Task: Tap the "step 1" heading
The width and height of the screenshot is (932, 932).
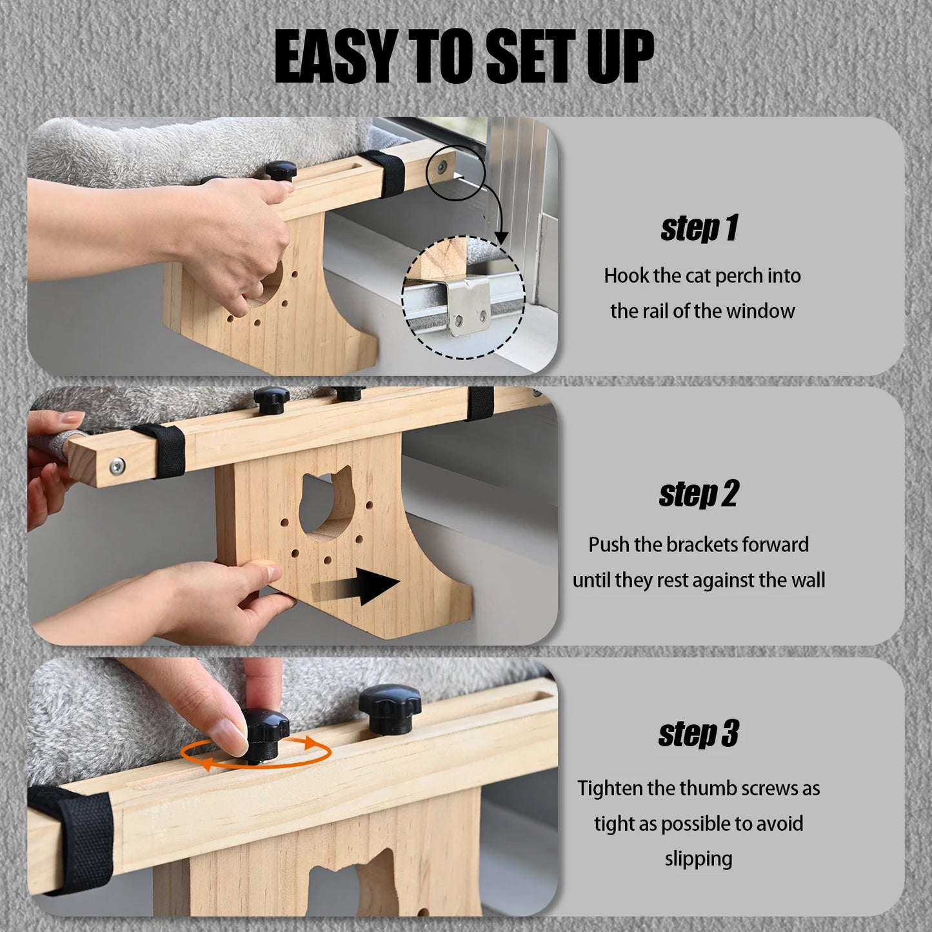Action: pyautogui.click(x=699, y=229)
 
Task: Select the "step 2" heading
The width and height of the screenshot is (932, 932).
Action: pyautogui.click(x=699, y=495)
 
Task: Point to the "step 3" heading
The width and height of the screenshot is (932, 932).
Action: pyautogui.click(x=699, y=734)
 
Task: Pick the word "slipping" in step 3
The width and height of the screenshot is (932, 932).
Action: pyautogui.click(x=699, y=858)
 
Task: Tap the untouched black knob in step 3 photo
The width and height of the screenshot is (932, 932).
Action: pyautogui.click(x=390, y=709)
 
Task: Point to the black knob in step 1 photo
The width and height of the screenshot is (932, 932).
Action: pyautogui.click(x=282, y=170)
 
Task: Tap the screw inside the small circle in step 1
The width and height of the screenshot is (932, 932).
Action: pyautogui.click(x=442, y=166)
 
